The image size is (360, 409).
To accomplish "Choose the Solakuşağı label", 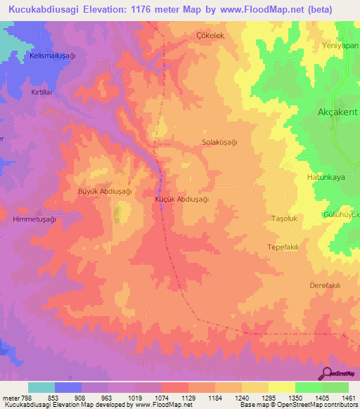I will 219,142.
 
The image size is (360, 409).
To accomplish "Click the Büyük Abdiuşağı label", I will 104,190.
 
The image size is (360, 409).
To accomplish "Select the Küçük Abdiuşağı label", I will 181,199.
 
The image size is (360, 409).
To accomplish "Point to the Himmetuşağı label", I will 34,219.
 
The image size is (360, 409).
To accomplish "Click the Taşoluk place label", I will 286,219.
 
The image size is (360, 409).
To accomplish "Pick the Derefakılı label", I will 325,285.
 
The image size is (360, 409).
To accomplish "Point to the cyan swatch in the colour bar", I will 41,387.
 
